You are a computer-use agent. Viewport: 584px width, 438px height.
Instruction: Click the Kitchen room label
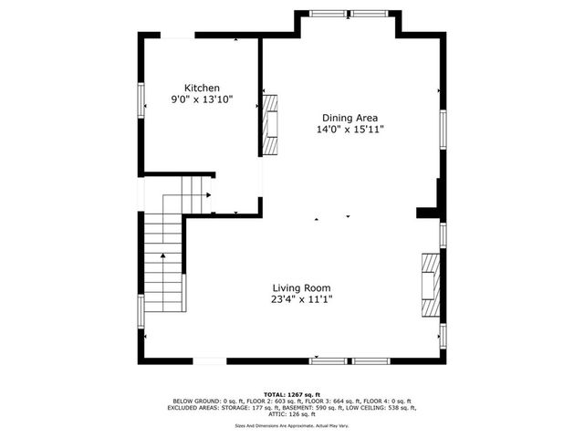pos(202,88)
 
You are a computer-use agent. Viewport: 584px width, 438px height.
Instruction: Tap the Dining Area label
pos(349,118)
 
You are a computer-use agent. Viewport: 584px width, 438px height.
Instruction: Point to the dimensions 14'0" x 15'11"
pos(349,130)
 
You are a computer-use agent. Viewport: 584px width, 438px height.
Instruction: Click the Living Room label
pos(300,287)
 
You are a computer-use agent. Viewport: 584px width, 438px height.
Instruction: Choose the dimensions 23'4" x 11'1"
pos(300,299)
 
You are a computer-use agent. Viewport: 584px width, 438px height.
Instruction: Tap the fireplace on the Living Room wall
pos(430,284)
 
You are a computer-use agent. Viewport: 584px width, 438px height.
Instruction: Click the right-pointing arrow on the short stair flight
pos(209,194)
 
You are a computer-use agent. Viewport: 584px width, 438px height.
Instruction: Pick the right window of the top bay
pos(370,14)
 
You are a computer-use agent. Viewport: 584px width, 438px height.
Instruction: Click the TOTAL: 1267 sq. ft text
pos(292,393)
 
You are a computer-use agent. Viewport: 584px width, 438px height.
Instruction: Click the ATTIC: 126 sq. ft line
pos(292,414)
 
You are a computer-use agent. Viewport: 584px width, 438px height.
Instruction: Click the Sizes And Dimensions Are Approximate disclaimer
pos(292,424)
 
